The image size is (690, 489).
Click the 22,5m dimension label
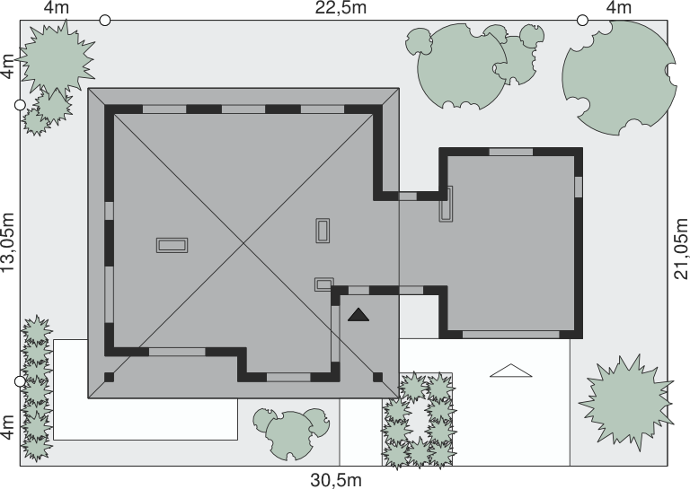coord(341,8)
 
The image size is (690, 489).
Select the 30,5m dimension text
coord(336,480)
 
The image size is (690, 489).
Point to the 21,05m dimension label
coord(681,249)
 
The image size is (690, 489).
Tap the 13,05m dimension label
coord(8,242)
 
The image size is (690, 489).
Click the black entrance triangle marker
coord(358,315)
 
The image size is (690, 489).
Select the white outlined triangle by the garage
coord(511,371)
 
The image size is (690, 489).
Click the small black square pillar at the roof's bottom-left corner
coord(109,377)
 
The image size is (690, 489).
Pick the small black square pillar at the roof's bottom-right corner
coord(377,377)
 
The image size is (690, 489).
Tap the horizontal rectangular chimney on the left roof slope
coord(172,245)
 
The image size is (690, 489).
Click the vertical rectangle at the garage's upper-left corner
coord(446,204)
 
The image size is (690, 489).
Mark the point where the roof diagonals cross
coord(243,242)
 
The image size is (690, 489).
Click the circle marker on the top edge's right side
coord(582,21)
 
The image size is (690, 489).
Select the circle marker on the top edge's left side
coord(105,21)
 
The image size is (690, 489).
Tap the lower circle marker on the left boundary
coord(21,381)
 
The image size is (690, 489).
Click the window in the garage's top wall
coord(511,152)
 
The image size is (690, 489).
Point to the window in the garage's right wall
coord(579,187)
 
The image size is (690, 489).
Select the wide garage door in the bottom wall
coord(511,335)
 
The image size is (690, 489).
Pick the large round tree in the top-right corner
coord(620,77)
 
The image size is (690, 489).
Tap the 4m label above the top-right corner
coord(619,8)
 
